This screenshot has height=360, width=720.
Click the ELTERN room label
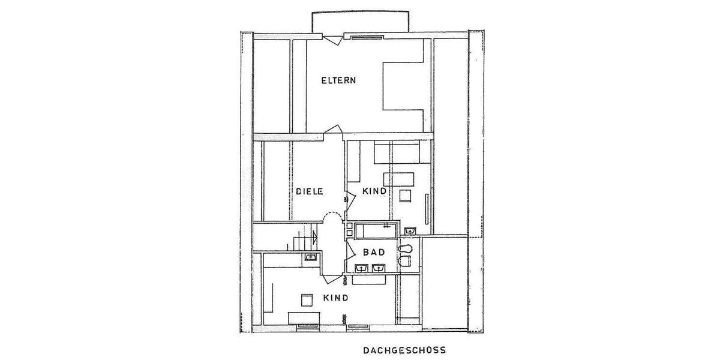(x=339, y=80)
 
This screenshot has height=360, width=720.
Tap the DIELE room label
(x=310, y=191)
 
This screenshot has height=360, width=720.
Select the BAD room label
(x=373, y=253)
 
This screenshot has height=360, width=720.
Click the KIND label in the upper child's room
(x=374, y=191)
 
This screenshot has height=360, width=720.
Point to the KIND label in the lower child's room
(x=336, y=298)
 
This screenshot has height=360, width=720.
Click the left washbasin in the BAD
(x=362, y=268)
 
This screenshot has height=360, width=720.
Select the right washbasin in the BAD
(x=378, y=268)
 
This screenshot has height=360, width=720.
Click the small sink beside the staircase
(x=311, y=257)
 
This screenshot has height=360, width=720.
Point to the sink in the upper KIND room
(x=411, y=230)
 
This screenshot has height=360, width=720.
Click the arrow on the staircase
(x=313, y=238)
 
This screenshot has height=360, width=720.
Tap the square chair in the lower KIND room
(x=307, y=299)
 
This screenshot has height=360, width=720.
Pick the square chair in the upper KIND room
(x=406, y=196)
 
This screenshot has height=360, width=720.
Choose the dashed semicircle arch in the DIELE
(x=332, y=217)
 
